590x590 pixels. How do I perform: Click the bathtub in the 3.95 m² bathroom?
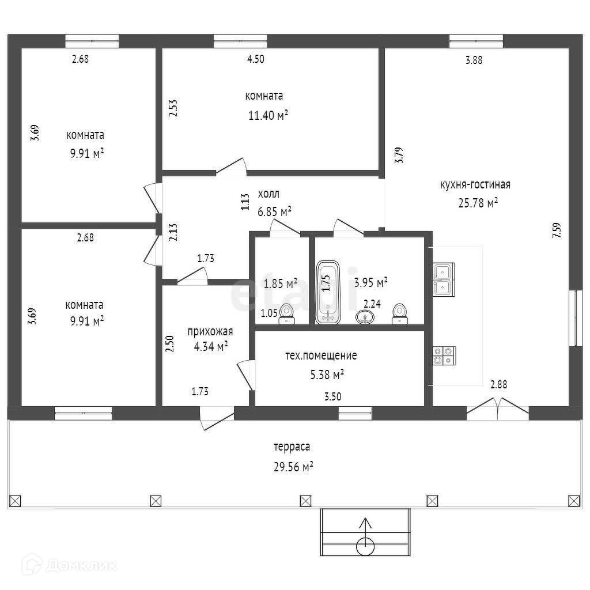[x=329, y=292]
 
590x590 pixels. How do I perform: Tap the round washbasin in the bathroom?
[x=364, y=317]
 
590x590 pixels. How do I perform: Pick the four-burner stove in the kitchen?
[x=444, y=355]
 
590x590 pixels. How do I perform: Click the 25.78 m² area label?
[x=476, y=203]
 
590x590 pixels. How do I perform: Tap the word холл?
[x=268, y=194]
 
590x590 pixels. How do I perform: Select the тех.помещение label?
[x=321, y=355]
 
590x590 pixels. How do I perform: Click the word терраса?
[x=292, y=447]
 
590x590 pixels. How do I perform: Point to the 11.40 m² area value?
[x=268, y=116]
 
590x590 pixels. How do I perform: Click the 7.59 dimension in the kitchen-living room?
[x=556, y=230]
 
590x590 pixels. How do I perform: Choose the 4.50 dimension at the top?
[x=255, y=59]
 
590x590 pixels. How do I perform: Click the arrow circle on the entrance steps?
[x=365, y=544]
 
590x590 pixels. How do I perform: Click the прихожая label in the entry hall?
[x=210, y=331]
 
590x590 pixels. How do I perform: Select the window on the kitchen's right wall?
[x=576, y=317]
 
